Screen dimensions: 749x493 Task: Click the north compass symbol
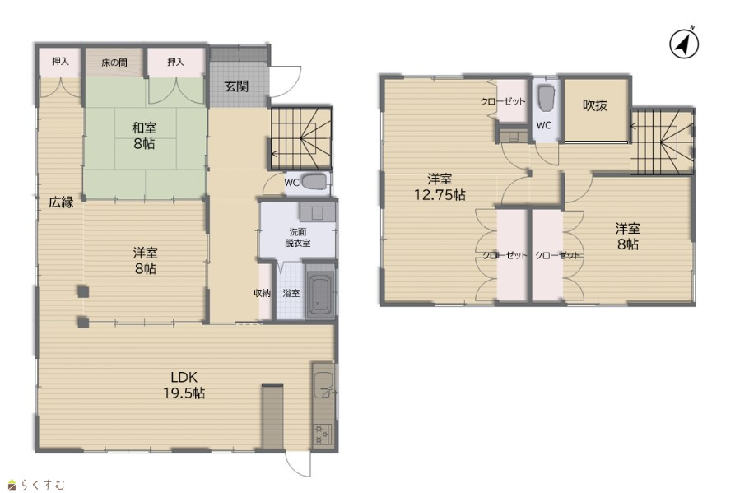(x=684, y=44)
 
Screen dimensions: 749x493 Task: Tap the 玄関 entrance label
(x=236, y=86)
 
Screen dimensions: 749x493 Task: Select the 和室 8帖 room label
(x=144, y=136)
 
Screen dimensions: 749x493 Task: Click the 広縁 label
(x=61, y=202)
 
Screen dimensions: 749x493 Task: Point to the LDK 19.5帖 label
(x=184, y=385)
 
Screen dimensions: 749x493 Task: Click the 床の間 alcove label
(x=114, y=62)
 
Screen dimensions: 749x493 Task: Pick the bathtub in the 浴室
(x=320, y=290)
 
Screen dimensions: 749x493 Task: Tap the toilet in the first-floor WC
(x=314, y=182)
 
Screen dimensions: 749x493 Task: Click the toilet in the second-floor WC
(x=546, y=99)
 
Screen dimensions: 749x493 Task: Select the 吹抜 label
(x=595, y=105)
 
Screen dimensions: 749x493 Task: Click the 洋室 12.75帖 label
(x=440, y=187)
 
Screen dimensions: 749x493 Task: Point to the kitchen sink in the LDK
(x=323, y=385)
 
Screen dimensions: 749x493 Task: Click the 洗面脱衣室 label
(x=298, y=237)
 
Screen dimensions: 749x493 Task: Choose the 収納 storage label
(x=263, y=293)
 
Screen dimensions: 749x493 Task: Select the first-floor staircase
(x=301, y=138)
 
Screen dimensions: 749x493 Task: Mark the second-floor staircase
(x=662, y=142)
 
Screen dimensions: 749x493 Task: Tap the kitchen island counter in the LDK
(x=272, y=416)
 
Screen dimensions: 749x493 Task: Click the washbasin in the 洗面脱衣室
(x=317, y=211)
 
